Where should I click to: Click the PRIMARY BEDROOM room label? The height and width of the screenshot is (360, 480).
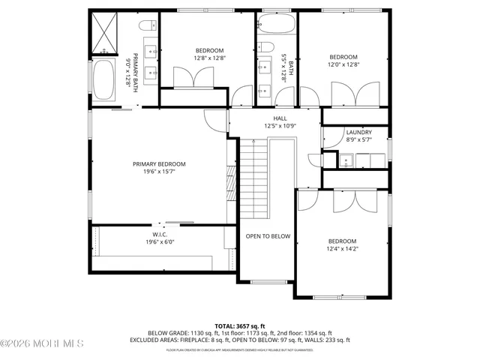pyautogui.click(x=159, y=164)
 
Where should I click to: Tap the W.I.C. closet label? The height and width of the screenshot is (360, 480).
pyautogui.click(x=159, y=234)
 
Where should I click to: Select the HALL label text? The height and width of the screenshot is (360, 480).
pyautogui.click(x=280, y=118)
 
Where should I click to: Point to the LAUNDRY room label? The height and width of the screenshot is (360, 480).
pyautogui.click(x=359, y=132)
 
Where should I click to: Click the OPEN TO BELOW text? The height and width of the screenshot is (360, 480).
pyautogui.click(x=268, y=236)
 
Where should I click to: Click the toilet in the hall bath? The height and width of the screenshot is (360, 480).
pyautogui.click(x=267, y=50)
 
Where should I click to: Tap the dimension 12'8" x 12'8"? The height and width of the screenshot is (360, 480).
pyautogui.click(x=199, y=58)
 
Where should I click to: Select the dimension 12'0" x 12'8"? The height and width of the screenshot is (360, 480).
pyautogui.click(x=343, y=65)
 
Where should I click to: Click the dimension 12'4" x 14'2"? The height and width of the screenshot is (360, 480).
pyautogui.click(x=342, y=249)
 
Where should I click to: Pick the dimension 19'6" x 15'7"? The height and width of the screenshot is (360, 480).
pyautogui.click(x=159, y=172)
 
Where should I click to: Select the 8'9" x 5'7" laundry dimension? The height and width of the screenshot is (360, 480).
pyautogui.click(x=359, y=139)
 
